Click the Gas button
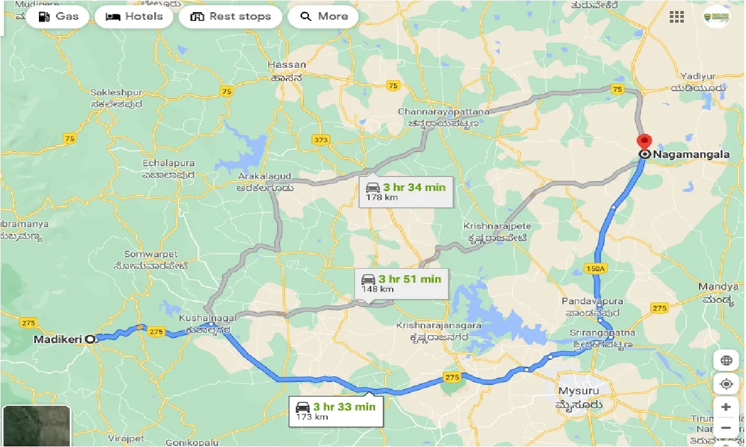[58, 16]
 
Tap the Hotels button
[134, 16]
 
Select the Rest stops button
[231, 16]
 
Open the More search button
[323, 16]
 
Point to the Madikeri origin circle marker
[89, 339]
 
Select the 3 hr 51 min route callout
[401, 283]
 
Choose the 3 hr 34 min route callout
[406, 191]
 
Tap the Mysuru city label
[579, 391]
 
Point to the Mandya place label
[718, 287]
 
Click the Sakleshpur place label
[116, 92]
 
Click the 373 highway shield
[320, 140]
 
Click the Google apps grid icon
[677, 17]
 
